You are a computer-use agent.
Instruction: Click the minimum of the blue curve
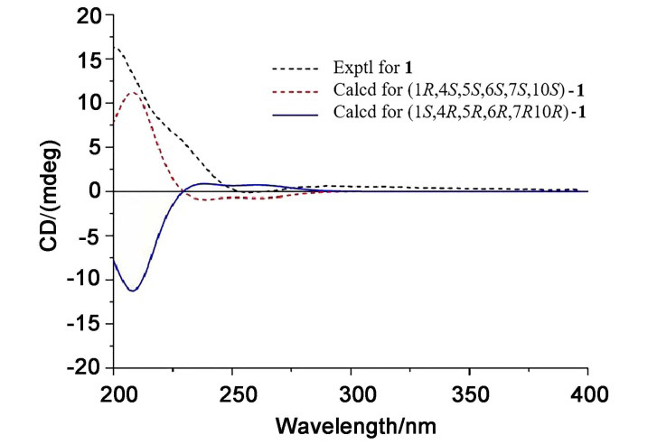point(133,291)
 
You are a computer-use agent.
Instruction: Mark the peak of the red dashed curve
point(133,92)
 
